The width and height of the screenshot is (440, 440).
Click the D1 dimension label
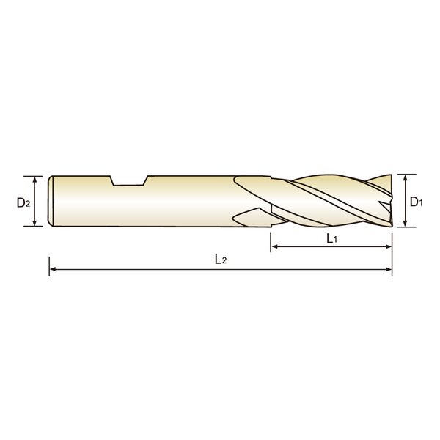point(416,202)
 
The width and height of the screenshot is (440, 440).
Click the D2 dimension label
point(23,202)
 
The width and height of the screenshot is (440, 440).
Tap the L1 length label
point(331,239)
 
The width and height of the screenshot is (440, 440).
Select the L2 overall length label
point(221,260)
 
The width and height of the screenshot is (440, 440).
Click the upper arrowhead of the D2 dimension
point(34,179)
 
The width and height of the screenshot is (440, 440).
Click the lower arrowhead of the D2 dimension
point(34,223)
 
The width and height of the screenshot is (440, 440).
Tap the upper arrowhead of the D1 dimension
point(405,177)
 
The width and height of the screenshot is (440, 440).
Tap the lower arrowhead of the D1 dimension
point(405,224)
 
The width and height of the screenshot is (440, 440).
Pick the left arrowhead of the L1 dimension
point(274,246)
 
